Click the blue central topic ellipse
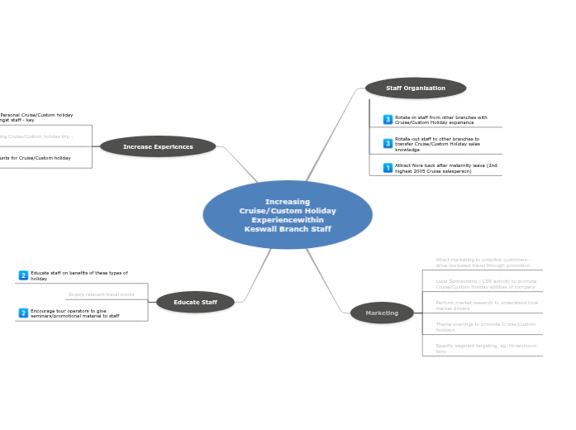pyautogui.click(x=288, y=215)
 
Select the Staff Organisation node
pyautogui.click(x=416, y=88)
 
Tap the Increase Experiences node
pyautogui.click(x=158, y=146)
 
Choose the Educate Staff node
pyautogui.click(x=195, y=302)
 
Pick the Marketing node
pyautogui.click(x=382, y=313)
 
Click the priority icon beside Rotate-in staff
pyautogui.click(x=388, y=120)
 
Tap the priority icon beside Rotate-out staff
pyautogui.click(x=388, y=144)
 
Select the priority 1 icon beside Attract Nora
pyautogui.click(x=388, y=168)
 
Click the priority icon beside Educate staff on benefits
pyautogui.click(x=23, y=275)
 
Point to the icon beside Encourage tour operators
pyautogui.click(x=23, y=313)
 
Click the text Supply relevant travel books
pyautogui.click(x=101, y=294)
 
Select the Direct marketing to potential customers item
pyautogui.click(x=483, y=262)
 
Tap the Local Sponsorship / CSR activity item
pyautogui.click(x=486, y=284)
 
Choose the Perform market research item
pyautogui.click(x=487, y=305)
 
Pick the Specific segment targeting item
pyautogui.click(x=486, y=348)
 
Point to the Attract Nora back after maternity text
pyautogui.click(x=446, y=168)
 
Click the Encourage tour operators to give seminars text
pyautogui.click(x=75, y=313)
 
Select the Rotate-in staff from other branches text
pyautogui.click(x=441, y=120)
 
